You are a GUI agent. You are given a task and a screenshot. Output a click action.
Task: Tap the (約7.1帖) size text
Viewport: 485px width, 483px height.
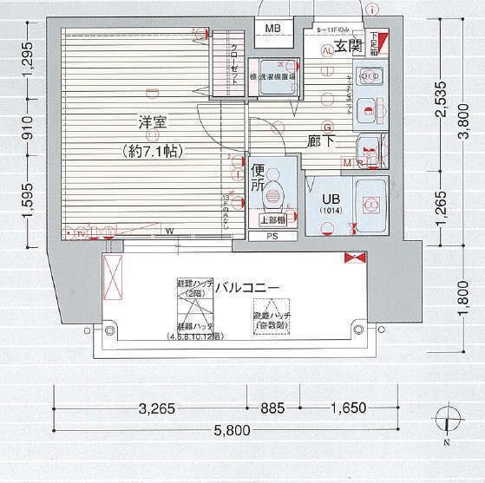[153, 150]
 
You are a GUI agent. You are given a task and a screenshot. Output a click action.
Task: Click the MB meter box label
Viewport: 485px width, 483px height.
[273, 29]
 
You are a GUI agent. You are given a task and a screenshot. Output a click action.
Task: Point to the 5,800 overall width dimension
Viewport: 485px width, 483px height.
[229, 430]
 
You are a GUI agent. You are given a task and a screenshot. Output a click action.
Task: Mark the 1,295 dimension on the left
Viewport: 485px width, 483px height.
[29, 62]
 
